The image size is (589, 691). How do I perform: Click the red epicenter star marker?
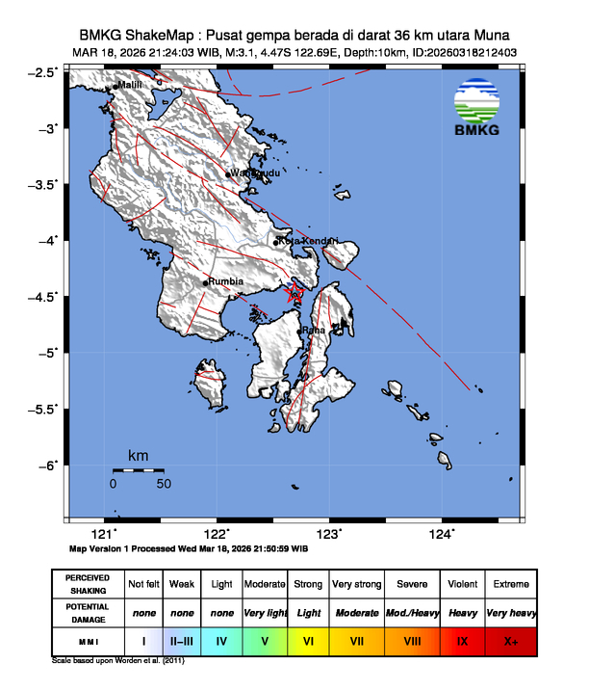pos(294,292)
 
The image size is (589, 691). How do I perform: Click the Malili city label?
pos(131,86)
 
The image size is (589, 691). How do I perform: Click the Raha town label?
pos(314,331)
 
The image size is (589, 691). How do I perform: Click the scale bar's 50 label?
pos(164,483)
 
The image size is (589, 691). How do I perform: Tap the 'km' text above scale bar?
pos(138,455)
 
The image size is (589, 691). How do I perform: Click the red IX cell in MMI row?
pos(461,640)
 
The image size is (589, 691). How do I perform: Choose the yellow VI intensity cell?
pos(308,640)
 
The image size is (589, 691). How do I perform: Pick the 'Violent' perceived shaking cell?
pos(461,584)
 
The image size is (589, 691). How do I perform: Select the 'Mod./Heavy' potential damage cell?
pos(410,612)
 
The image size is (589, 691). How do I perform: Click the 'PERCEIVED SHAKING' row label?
pos(87,584)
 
